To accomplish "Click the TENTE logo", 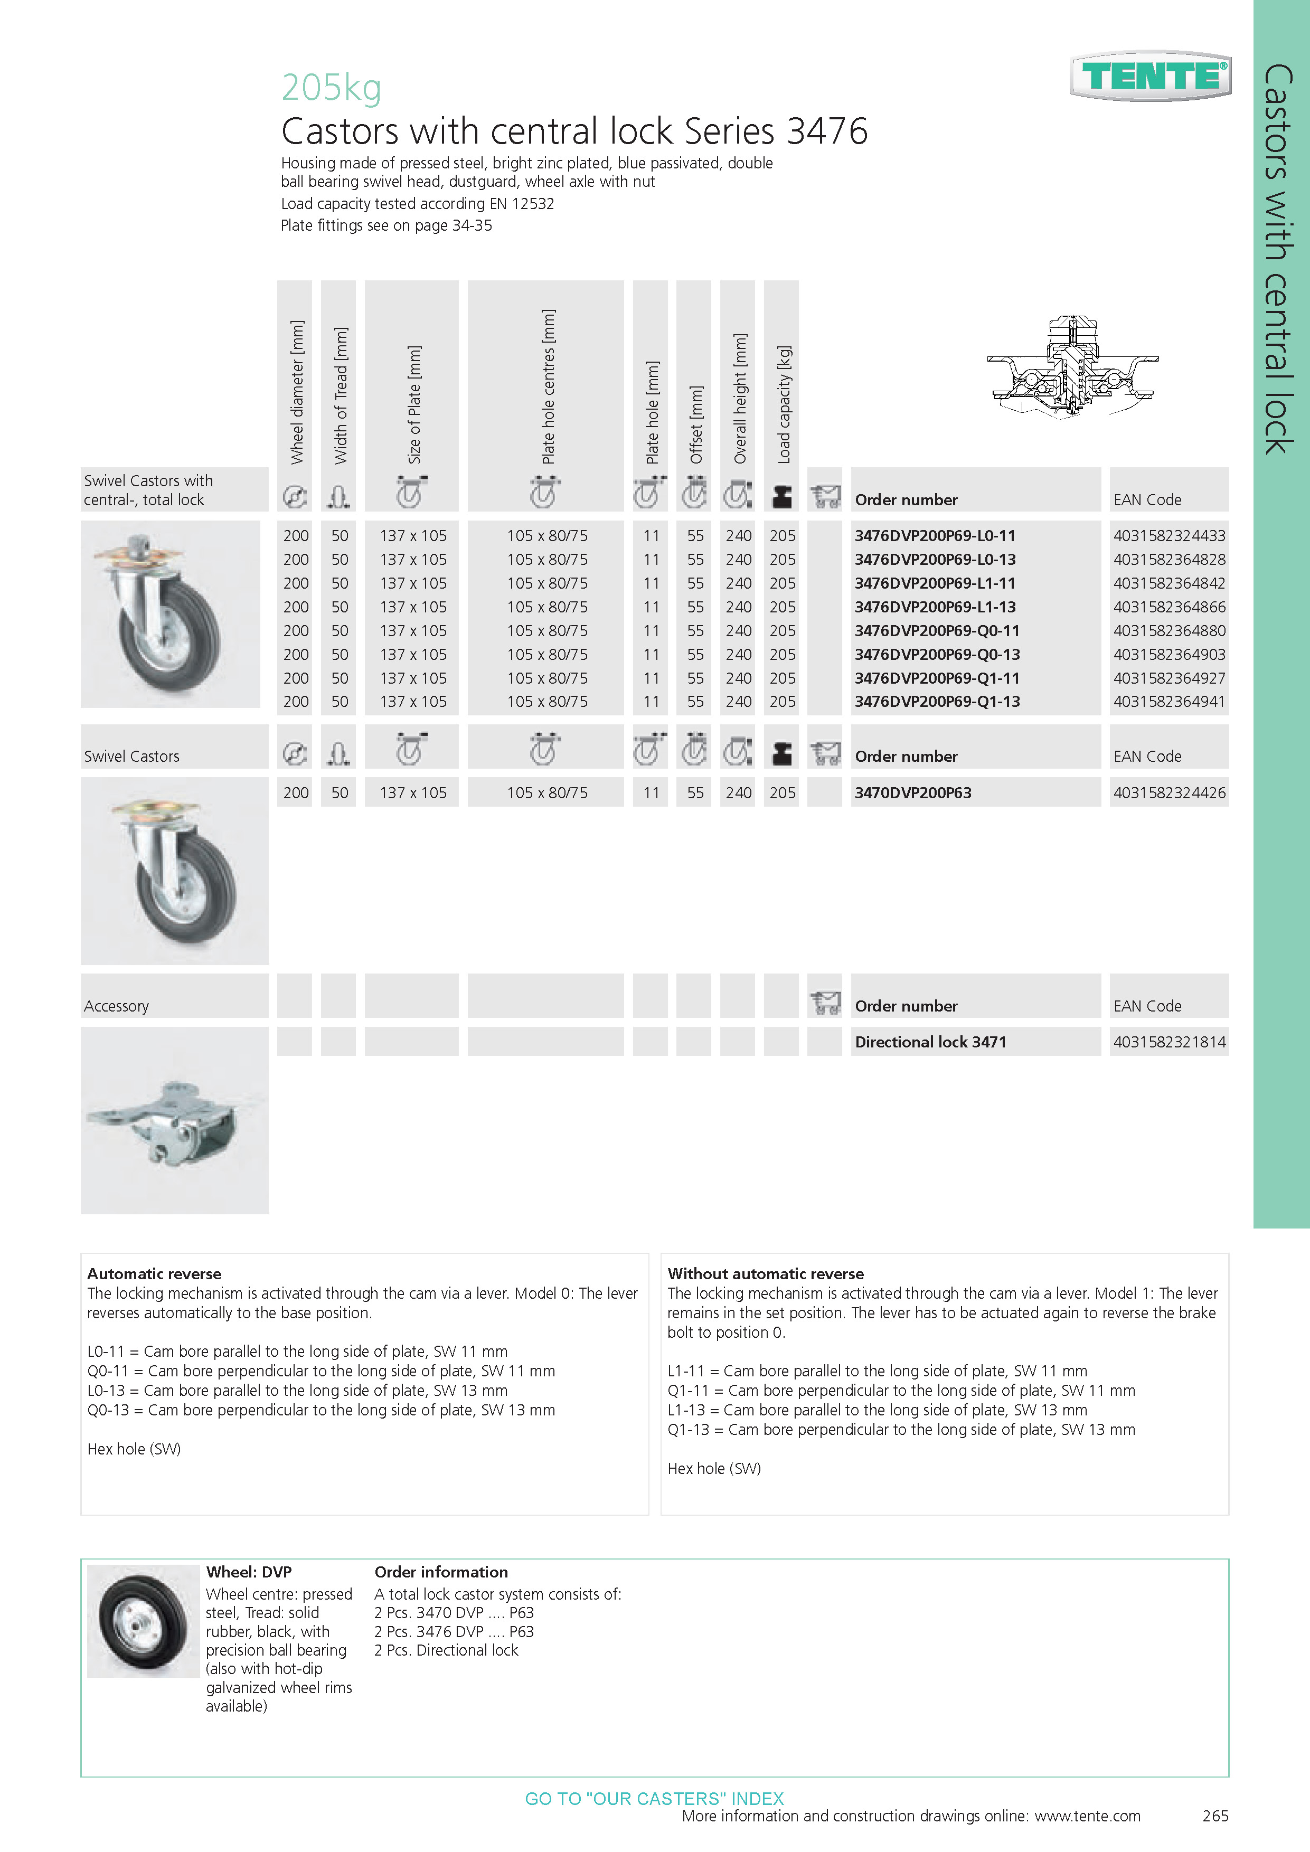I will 1151,77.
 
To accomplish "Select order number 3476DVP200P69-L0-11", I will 935,536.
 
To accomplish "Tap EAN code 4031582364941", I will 1169,702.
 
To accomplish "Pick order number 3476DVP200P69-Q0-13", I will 937,654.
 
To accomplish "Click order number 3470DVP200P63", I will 913,793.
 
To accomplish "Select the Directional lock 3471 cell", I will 930,1042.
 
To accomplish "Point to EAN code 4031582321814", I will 1169,1042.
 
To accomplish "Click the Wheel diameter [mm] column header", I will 297,392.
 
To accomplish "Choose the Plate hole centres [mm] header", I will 548,386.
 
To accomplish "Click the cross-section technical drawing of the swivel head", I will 1072,367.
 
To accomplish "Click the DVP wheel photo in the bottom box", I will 143,1621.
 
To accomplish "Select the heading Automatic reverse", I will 154,1274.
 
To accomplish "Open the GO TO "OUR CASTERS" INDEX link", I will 654,1798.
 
